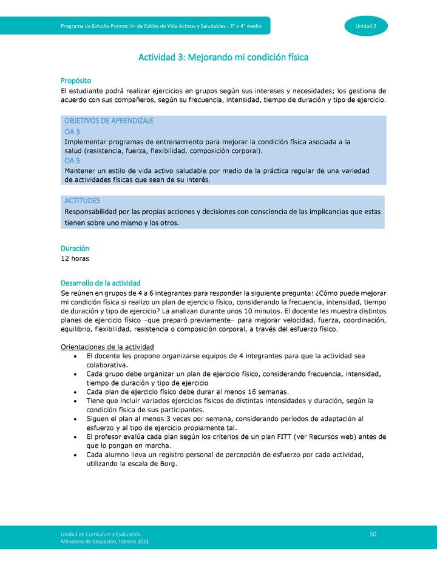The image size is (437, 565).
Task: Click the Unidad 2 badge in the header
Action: (366, 26)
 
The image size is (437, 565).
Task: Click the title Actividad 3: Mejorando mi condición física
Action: (223, 58)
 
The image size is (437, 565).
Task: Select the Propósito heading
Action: (76, 81)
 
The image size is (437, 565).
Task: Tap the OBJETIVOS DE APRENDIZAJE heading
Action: (109, 121)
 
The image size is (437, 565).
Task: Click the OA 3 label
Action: (72, 132)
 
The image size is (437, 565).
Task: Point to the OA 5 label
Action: (72, 161)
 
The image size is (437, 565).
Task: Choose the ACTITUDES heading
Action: (82, 200)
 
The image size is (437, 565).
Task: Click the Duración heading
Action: (75, 249)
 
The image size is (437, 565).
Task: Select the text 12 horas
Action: (75, 259)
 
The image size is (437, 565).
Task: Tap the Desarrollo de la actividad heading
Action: (100, 283)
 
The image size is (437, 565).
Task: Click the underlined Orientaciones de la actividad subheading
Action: (107, 347)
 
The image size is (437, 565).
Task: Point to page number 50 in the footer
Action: (373, 533)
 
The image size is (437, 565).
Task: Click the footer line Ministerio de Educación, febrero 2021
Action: (104, 541)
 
